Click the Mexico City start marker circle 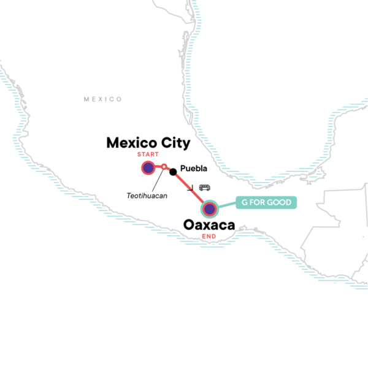(148, 167)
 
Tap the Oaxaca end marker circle (210, 209)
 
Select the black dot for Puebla (174, 171)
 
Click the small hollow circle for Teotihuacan (164, 167)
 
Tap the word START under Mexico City (148, 154)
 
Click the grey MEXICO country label (103, 99)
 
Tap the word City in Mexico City (172, 143)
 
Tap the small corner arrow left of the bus (194, 188)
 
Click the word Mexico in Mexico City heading (128, 143)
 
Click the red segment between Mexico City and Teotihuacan (156, 167)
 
